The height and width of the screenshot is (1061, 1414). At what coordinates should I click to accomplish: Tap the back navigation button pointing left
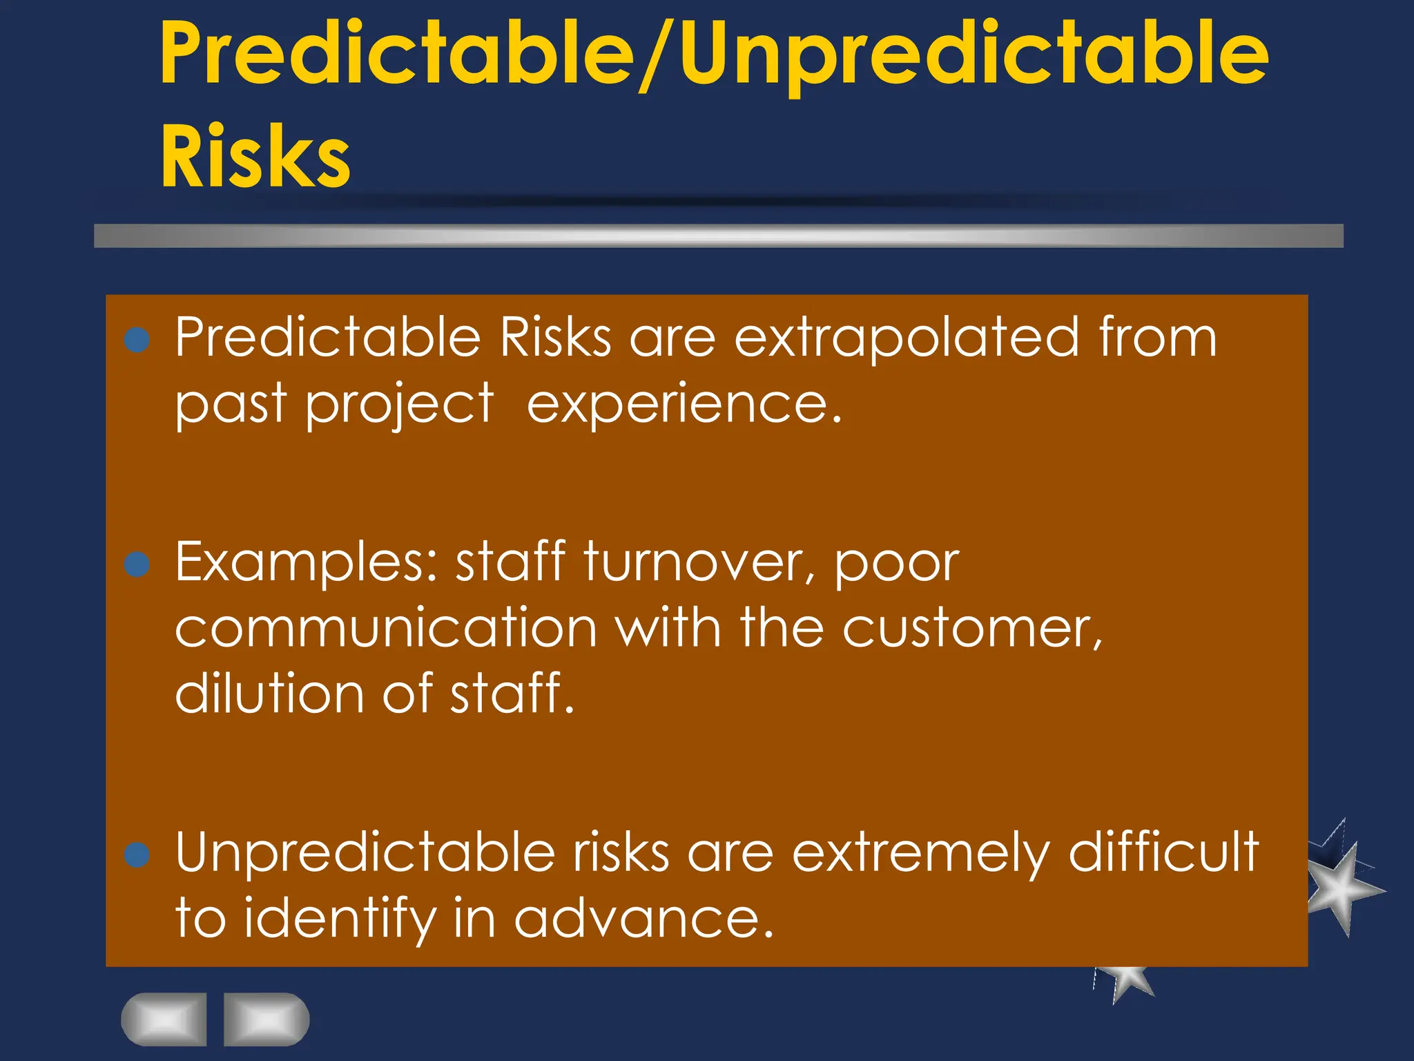tap(164, 1019)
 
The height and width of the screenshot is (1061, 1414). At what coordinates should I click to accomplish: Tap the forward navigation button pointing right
tap(267, 1019)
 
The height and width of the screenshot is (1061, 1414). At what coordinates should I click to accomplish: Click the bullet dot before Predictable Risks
tap(137, 340)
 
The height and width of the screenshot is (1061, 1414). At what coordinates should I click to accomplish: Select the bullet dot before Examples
tap(137, 564)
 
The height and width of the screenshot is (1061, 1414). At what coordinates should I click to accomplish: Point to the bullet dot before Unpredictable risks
tap(137, 854)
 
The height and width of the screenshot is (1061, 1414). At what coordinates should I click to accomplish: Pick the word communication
tap(385, 628)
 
